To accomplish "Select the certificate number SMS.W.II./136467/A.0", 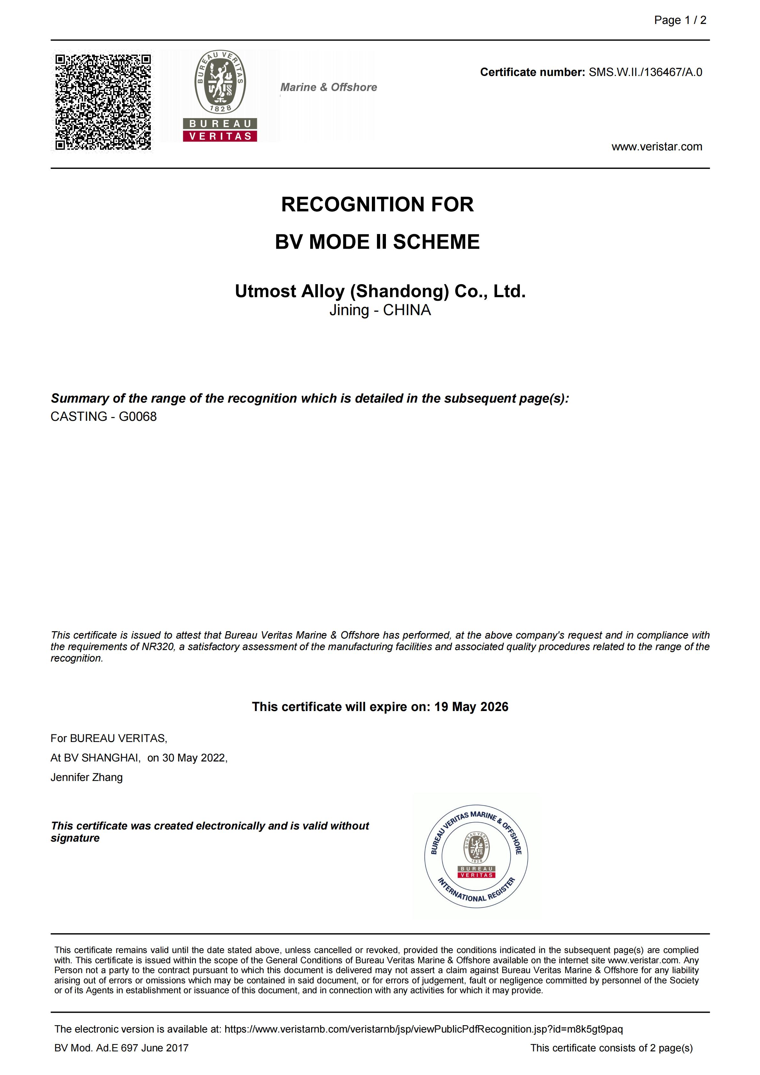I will (x=645, y=72).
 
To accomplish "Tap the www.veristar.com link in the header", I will (x=656, y=147).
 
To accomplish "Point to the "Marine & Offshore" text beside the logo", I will (x=328, y=87).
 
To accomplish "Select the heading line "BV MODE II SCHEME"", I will (x=377, y=242).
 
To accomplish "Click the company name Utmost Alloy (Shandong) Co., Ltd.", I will (x=380, y=291).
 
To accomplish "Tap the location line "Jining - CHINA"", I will (x=380, y=310).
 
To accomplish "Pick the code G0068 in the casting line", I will (x=138, y=416).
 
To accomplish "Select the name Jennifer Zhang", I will (x=87, y=777).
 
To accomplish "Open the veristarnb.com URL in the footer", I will (x=424, y=1029).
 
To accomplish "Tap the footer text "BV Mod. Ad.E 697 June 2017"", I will (x=121, y=1048).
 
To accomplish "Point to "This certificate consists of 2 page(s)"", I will (x=611, y=1048).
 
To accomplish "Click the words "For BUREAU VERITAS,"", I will (x=109, y=738).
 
